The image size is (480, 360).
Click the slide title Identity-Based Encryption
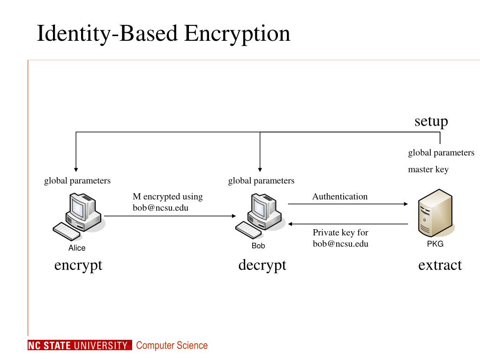tap(164, 34)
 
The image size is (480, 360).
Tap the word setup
tap(431, 121)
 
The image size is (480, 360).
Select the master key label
tap(428, 170)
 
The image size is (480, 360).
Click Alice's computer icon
tap(78, 216)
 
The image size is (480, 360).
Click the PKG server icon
tap(435, 214)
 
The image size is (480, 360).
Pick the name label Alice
tap(77, 248)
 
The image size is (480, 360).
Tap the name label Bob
tap(258, 246)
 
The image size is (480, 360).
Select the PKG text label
tap(435, 244)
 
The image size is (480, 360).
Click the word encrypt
tap(78, 265)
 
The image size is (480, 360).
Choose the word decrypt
tap(262, 265)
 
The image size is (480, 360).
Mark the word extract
tap(440, 265)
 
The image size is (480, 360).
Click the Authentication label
tap(340, 196)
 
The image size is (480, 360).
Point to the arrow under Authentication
tap(347, 204)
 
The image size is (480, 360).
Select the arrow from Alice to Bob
tap(169, 216)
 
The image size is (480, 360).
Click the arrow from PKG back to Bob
tap(347, 224)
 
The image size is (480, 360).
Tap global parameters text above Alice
tap(77, 180)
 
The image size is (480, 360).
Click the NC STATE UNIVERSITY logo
tap(77, 346)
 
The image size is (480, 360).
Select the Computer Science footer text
tap(172, 346)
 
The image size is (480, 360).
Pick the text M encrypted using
tap(167, 196)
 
